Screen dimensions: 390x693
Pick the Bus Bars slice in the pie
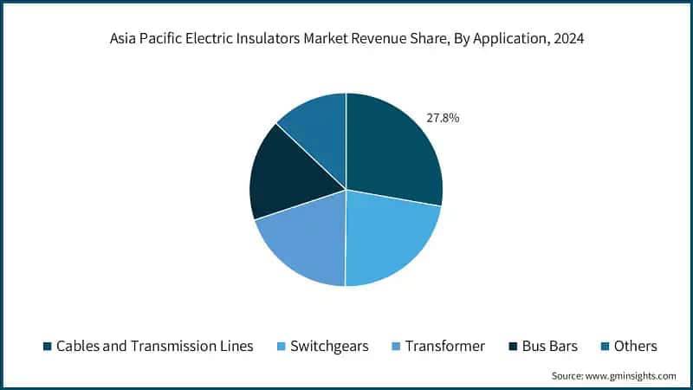pos(286,178)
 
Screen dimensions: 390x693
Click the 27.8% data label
pos(443,118)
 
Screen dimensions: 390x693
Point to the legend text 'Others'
pos(635,347)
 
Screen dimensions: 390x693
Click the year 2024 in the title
pos(566,40)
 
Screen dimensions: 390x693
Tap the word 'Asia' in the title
pos(126,40)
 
